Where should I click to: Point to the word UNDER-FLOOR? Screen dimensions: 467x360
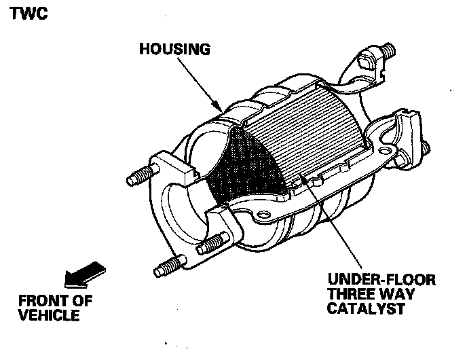[x=381, y=280]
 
